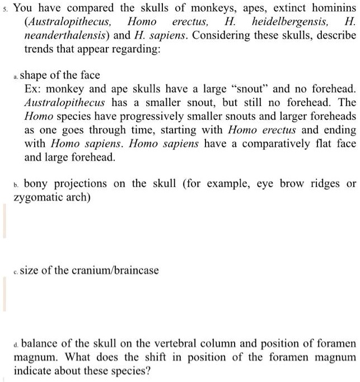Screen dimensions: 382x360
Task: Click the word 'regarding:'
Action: [138, 49]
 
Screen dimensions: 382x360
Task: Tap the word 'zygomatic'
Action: [35, 198]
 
